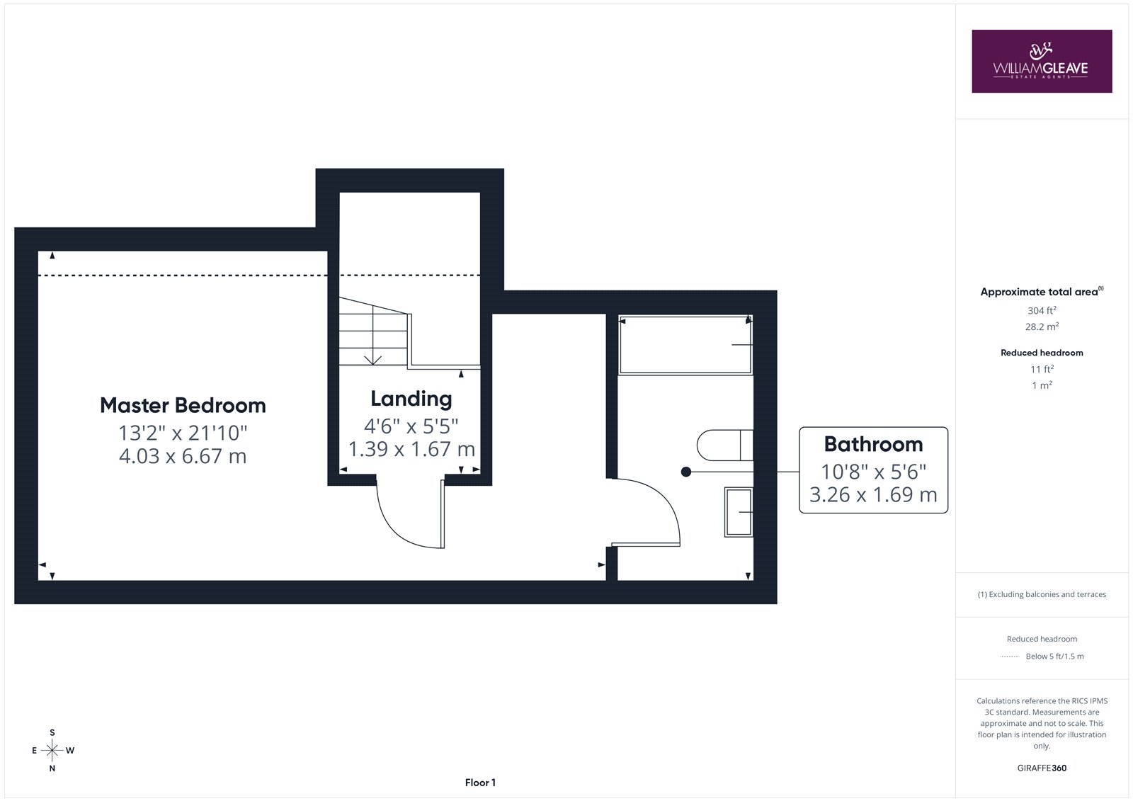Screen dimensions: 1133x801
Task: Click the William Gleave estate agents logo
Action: [x=1042, y=61]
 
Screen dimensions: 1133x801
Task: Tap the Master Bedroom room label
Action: [x=183, y=405]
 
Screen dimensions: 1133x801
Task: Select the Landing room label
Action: [x=411, y=399]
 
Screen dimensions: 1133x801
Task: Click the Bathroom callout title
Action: [x=873, y=444]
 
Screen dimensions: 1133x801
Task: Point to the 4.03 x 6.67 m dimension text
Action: [x=183, y=456]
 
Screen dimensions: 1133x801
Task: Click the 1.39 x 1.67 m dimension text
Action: [x=411, y=449]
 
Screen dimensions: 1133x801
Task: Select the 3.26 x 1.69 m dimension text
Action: [x=873, y=494]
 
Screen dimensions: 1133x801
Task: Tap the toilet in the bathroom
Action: [x=725, y=445]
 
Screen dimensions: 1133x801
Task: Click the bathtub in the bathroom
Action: [x=685, y=345]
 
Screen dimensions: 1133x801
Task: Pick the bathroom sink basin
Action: [x=739, y=511]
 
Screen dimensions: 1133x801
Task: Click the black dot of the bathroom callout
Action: [x=686, y=472]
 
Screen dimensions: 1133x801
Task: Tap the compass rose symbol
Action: [x=52, y=750]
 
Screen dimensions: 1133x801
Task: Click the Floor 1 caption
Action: [x=480, y=783]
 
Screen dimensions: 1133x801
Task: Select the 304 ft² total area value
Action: [x=1042, y=310]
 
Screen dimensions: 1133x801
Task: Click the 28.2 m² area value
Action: [x=1042, y=326]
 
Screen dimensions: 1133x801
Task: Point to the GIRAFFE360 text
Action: [x=1042, y=768]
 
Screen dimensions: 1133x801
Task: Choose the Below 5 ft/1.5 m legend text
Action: [x=1054, y=657]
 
